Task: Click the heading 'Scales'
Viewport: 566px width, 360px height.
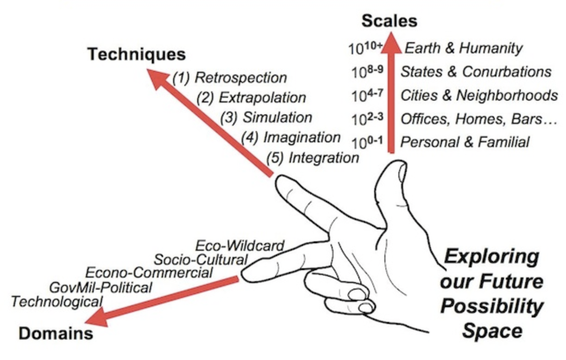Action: coord(390,21)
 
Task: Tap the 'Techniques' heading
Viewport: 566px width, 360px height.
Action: coord(137,55)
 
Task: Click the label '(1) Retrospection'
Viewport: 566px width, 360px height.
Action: coord(230,77)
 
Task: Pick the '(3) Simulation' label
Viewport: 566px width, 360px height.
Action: coord(266,117)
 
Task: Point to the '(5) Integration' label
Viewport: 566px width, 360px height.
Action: coord(313,158)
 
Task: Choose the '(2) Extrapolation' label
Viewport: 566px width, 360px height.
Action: coord(251,98)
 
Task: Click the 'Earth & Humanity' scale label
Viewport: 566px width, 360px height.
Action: coord(464,48)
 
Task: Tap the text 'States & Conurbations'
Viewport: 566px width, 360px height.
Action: coord(476,72)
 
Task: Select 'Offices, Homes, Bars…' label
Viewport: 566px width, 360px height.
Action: coord(478,119)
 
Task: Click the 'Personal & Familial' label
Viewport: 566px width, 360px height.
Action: coord(465,142)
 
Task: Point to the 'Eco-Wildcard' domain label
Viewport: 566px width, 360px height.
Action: coord(239,245)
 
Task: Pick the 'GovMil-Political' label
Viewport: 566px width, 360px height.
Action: coord(100,287)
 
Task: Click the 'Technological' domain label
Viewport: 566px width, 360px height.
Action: coord(57,302)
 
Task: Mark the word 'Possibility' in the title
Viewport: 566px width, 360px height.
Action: coord(491,306)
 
